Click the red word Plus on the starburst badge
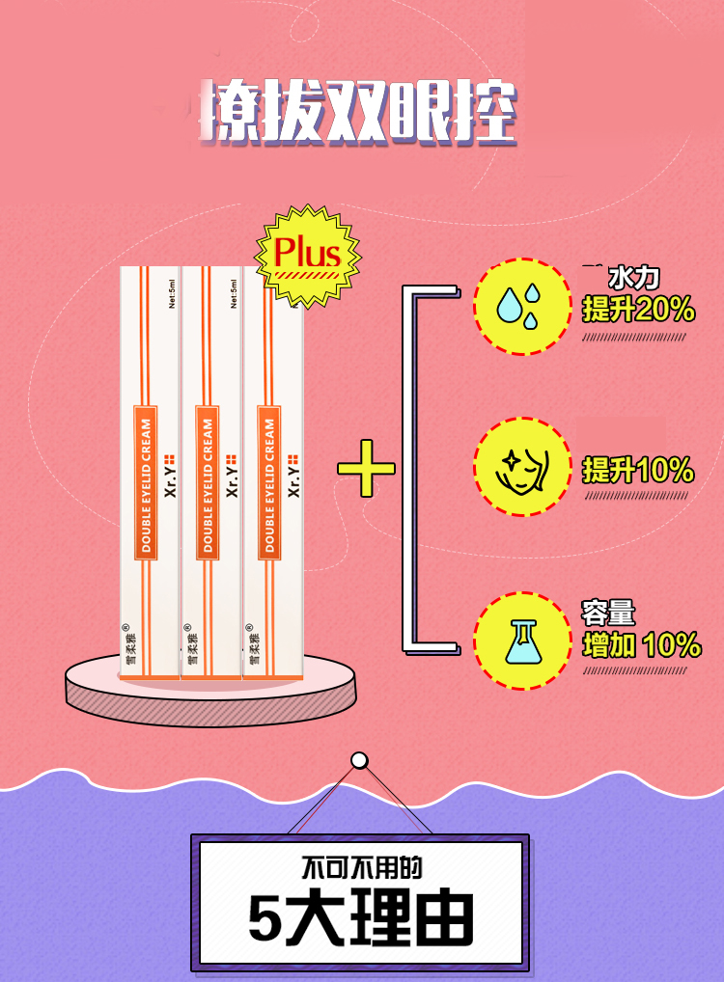(307, 253)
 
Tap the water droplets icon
(522, 306)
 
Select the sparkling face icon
(522, 467)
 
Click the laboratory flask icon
(522, 640)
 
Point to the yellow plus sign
(366, 469)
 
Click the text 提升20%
(638, 310)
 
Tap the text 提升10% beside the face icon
(638, 470)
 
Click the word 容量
(608, 613)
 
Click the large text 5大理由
(360, 917)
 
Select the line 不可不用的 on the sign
(361, 867)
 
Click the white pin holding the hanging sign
(359, 761)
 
